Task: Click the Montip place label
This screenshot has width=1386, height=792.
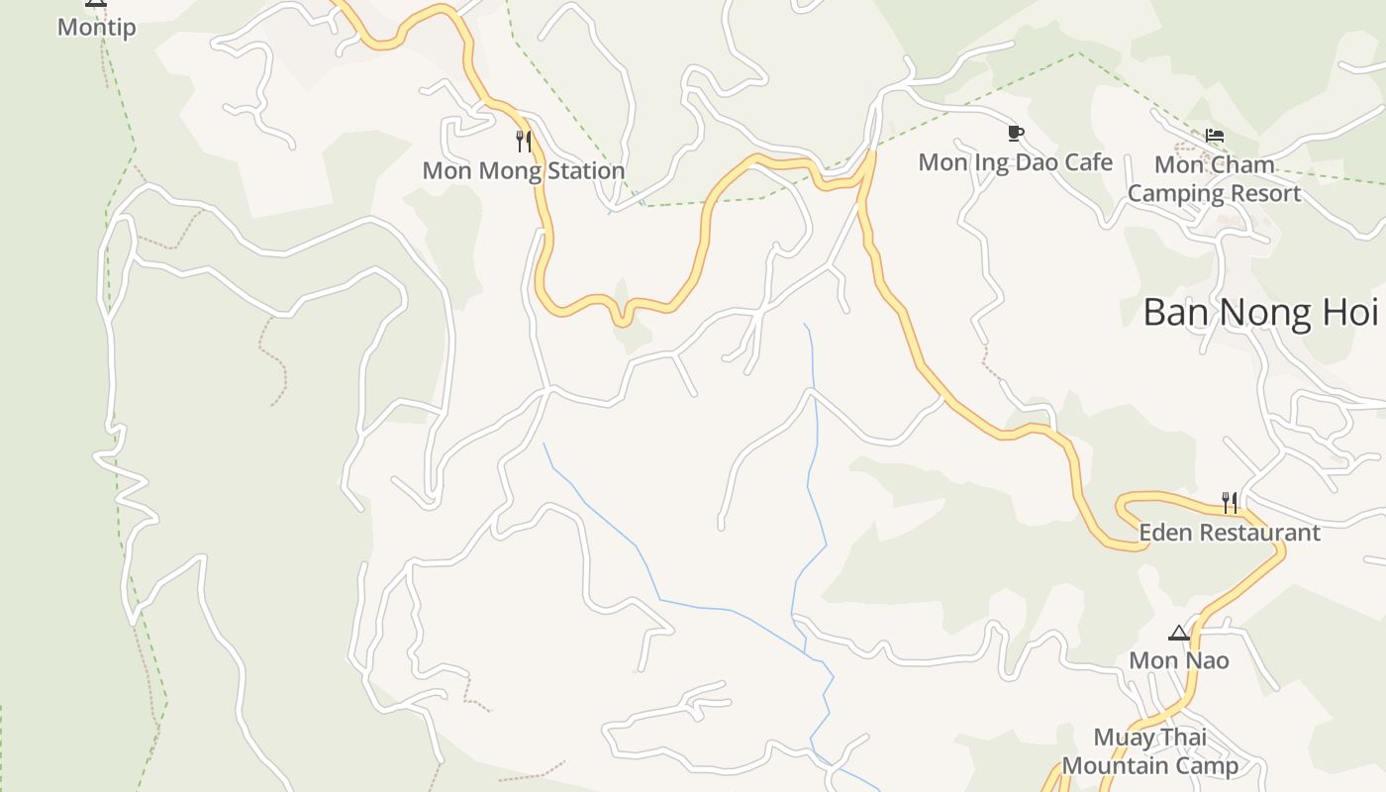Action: (96, 28)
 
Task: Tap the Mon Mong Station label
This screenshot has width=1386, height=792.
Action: (524, 171)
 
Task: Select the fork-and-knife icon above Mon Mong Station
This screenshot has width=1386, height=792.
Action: (524, 142)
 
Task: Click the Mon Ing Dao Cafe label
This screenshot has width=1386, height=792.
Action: (1015, 162)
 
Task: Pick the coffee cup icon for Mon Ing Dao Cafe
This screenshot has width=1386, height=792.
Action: (1015, 133)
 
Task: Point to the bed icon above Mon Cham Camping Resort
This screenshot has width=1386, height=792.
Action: (1215, 136)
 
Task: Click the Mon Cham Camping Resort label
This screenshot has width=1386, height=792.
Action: (1214, 179)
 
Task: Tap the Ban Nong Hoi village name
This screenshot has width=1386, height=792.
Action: (1259, 313)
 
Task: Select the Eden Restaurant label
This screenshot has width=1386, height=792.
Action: (1230, 533)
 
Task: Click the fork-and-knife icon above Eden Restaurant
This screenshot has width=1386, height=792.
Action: (1230, 503)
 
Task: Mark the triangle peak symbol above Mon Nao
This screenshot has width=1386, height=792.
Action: (1178, 634)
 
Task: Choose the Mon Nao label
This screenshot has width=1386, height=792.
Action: (1179, 660)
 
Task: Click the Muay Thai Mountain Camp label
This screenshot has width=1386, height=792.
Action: (1150, 751)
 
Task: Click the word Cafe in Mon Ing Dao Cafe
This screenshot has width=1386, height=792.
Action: (1089, 162)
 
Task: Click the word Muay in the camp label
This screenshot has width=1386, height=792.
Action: (1122, 738)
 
